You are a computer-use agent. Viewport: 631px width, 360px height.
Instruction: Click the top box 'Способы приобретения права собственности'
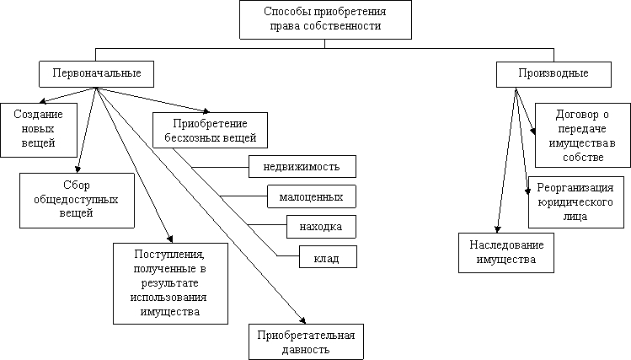point(325,19)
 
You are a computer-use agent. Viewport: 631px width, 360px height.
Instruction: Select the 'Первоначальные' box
point(96,74)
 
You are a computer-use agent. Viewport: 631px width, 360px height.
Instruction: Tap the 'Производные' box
point(553,74)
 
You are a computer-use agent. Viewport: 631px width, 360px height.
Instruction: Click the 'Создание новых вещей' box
point(39,130)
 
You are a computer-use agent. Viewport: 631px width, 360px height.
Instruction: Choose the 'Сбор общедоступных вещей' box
point(77,201)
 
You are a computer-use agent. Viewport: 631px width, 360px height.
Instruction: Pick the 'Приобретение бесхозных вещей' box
point(210,130)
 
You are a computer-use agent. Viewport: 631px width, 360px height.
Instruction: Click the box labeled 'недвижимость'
point(302,166)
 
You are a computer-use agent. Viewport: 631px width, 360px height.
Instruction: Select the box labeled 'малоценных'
point(312,196)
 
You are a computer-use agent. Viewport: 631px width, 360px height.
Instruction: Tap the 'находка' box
point(321,227)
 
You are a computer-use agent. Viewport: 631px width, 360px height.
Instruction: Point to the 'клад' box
point(328,257)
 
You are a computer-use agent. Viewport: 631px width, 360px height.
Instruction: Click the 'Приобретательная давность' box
point(306,342)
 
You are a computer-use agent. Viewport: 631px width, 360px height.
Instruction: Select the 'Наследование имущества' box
point(506,253)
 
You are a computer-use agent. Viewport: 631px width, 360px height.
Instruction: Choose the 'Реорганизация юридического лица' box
point(576,202)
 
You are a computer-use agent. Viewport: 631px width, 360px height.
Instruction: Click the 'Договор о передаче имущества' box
point(583,135)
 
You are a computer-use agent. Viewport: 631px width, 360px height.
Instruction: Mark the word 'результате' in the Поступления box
point(170,283)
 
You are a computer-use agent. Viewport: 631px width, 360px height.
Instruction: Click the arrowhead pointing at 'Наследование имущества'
point(498,230)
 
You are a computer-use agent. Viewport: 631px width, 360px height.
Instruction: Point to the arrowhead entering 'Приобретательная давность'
point(302,320)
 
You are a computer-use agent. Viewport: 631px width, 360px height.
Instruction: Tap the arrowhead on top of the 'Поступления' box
point(170,239)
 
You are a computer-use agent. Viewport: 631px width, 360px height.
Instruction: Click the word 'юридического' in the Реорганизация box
point(575,202)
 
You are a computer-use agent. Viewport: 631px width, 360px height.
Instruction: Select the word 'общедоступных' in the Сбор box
point(76,200)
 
